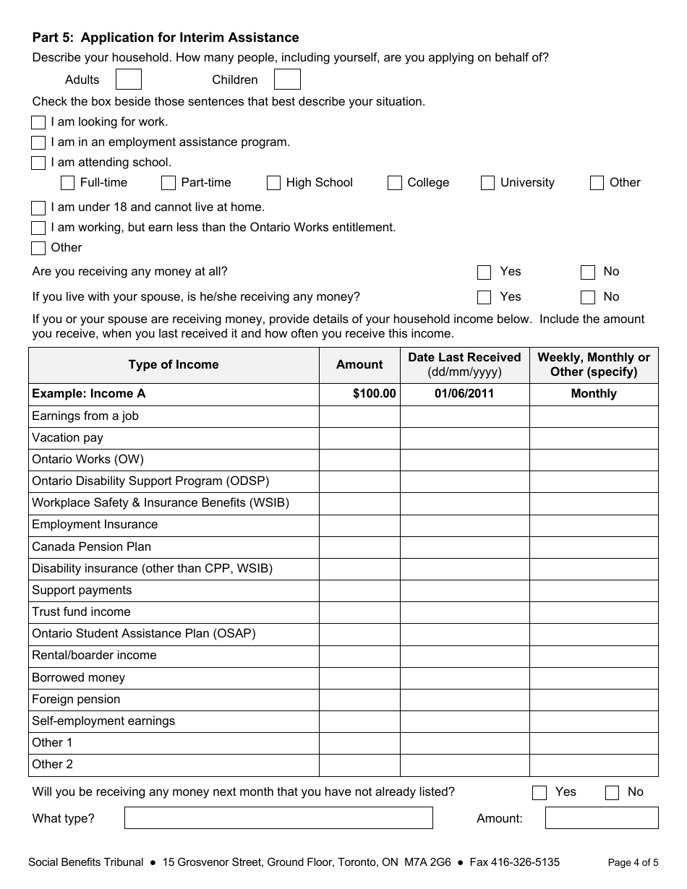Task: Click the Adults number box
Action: (129, 80)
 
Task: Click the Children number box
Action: (287, 80)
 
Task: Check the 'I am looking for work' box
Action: (38, 122)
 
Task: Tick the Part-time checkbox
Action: (168, 183)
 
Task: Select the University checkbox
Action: (487, 183)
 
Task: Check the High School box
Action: (273, 183)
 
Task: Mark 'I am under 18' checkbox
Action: (38, 208)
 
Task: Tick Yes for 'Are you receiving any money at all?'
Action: (485, 272)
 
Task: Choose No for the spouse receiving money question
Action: (588, 297)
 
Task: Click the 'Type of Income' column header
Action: (174, 365)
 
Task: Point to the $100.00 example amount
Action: (375, 394)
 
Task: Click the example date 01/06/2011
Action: (464, 394)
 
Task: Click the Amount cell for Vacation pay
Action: (359, 438)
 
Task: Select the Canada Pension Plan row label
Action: (91, 547)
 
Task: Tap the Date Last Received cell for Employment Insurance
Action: (464, 525)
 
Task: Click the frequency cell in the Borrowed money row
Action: (594, 678)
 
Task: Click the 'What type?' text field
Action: (278, 818)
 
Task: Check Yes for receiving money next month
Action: (539, 793)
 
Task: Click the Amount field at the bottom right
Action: (602, 818)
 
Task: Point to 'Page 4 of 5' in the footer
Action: (633, 862)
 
